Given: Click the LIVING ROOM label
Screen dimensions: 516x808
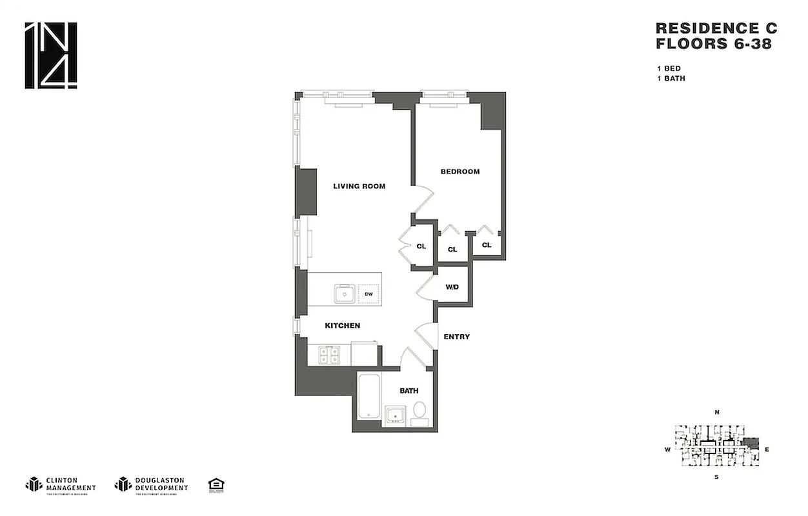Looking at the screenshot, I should pyautogui.click(x=359, y=186).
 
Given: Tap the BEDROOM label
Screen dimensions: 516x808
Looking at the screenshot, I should pyautogui.click(x=460, y=172).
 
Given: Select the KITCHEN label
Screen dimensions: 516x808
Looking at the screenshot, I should pyautogui.click(x=342, y=326).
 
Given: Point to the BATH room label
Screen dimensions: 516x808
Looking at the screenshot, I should pyautogui.click(x=409, y=391).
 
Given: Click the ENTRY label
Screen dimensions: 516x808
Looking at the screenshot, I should pyautogui.click(x=456, y=337).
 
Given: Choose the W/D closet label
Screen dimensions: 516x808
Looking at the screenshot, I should pyautogui.click(x=452, y=286).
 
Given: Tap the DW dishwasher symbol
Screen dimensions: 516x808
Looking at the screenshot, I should pyautogui.click(x=369, y=294).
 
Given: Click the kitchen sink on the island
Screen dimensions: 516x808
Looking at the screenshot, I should pyautogui.click(x=345, y=294).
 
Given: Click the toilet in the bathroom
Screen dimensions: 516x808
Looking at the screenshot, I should pyautogui.click(x=419, y=412).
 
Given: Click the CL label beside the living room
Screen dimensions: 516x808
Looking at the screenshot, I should pyautogui.click(x=421, y=246).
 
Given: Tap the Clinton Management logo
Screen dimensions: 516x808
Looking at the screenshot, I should pyautogui.click(x=60, y=484).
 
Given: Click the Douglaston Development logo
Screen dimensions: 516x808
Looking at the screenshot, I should pyautogui.click(x=151, y=484).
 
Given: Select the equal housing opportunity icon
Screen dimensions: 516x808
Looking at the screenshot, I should pyautogui.click(x=215, y=484).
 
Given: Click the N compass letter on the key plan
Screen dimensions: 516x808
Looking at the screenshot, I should pyautogui.click(x=716, y=412).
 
